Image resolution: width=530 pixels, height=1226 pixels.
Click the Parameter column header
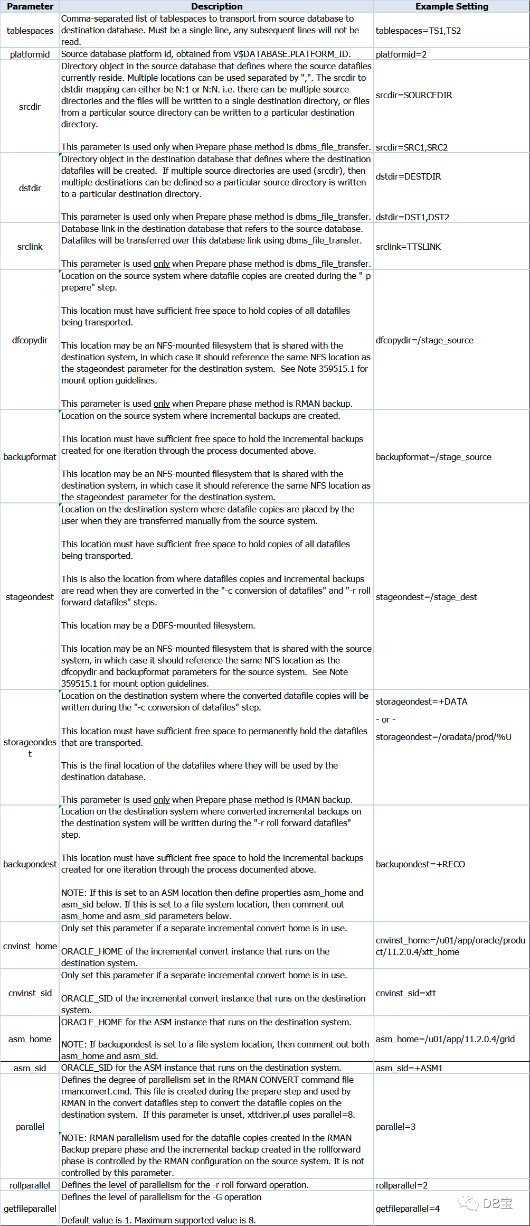[30, 6]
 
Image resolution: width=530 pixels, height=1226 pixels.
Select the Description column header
[216, 6]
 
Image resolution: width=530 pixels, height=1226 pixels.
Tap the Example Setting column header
[452, 6]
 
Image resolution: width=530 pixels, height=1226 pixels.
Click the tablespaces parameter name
[30, 31]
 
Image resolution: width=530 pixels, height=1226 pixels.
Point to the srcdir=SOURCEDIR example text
[414, 95]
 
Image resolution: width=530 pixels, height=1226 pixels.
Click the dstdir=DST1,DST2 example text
[412, 217]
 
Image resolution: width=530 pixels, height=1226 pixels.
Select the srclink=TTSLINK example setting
[408, 247]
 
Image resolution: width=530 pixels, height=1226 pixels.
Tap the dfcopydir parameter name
[30, 340]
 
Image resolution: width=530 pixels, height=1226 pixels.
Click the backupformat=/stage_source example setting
[433, 457]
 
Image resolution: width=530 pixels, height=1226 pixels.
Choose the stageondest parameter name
[30, 597]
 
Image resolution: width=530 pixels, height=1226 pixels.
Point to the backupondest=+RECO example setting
[420, 864]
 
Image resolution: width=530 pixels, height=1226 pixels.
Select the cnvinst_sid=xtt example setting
[406, 993]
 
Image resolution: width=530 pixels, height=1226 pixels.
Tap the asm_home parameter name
[30, 1039]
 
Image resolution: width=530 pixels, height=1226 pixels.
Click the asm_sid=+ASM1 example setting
[409, 1068]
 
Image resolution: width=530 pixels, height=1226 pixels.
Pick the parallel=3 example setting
[395, 1127]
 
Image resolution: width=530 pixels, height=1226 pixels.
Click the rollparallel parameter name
[30, 1185]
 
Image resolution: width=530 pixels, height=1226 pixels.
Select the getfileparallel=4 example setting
[408, 1209]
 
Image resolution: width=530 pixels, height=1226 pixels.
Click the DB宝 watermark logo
[486, 1203]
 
